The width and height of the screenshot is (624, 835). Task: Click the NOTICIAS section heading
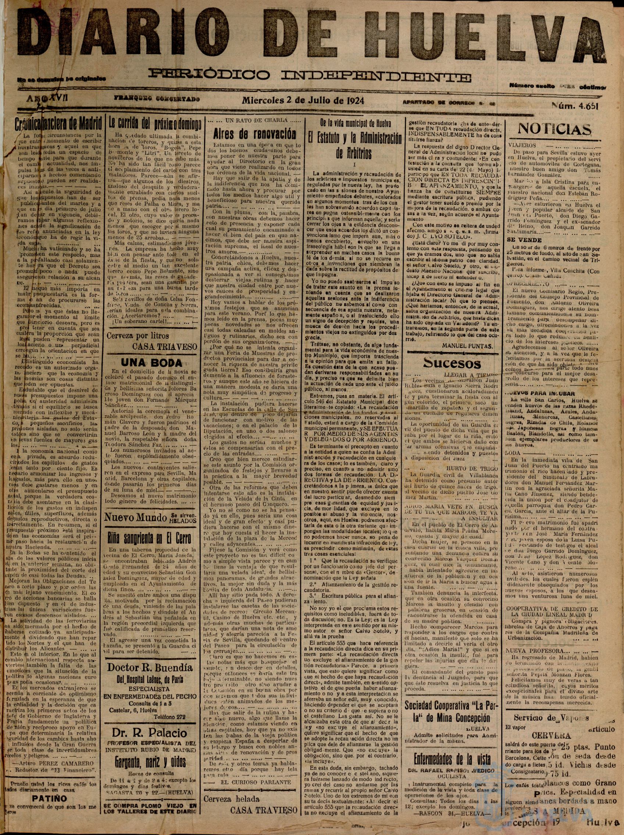tap(554, 129)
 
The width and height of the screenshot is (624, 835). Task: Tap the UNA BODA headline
tap(151, 363)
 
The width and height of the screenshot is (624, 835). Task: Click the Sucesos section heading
tap(452, 363)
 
